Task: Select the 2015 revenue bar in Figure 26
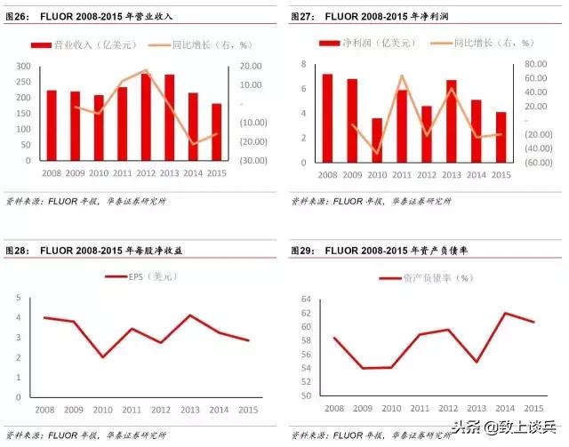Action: [x=216, y=132]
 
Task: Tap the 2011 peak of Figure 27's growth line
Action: [x=402, y=76]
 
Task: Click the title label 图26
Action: [x=17, y=17]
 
